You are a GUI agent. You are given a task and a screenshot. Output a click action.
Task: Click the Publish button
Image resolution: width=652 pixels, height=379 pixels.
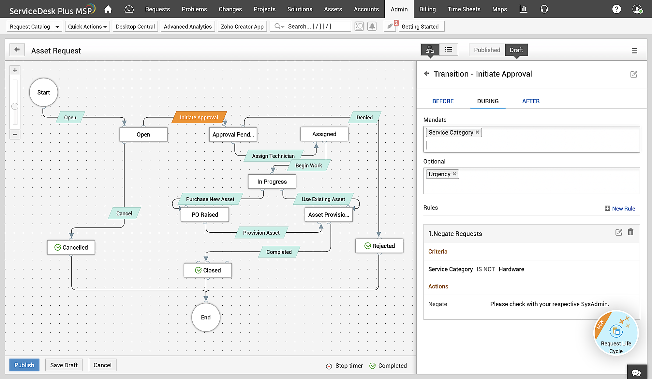click(x=24, y=365)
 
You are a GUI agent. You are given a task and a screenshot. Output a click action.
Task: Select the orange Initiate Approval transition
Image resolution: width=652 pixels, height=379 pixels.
click(x=199, y=117)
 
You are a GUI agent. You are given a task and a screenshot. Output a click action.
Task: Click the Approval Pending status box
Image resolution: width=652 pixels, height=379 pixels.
click(x=233, y=134)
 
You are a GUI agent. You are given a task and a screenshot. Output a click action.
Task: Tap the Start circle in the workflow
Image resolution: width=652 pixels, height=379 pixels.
click(x=44, y=92)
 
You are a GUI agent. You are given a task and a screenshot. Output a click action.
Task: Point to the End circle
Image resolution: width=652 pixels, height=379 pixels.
click(x=206, y=317)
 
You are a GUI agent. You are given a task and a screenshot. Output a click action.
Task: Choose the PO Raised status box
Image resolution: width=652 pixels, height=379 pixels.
click(x=205, y=214)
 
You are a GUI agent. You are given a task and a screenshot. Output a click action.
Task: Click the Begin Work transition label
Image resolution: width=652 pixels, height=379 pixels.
click(x=309, y=165)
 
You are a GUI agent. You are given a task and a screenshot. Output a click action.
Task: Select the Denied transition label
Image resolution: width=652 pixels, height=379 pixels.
click(x=364, y=117)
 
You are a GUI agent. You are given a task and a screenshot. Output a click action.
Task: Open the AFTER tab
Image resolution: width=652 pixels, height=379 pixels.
click(x=531, y=101)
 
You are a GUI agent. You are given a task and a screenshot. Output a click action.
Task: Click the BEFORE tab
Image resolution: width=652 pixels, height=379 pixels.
click(x=443, y=101)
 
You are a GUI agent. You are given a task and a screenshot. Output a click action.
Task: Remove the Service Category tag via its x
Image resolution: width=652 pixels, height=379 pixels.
click(x=477, y=132)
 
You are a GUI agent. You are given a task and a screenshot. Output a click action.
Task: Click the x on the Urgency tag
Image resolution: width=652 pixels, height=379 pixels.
click(x=454, y=174)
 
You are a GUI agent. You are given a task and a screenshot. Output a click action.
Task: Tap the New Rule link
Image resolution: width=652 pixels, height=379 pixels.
click(x=620, y=209)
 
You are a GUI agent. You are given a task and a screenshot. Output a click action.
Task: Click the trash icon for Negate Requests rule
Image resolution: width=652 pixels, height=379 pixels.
click(x=631, y=232)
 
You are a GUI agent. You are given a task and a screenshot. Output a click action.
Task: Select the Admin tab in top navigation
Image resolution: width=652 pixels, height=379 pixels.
click(x=399, y=9)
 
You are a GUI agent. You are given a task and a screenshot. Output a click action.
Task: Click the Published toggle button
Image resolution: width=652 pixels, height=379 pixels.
click(x=487, y=50)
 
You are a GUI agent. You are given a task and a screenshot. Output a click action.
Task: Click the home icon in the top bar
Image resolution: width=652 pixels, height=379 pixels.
click(x=108, y=9)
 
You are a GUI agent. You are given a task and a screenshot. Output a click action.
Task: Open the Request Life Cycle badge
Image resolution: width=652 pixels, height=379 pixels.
click(x=616, y=333)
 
